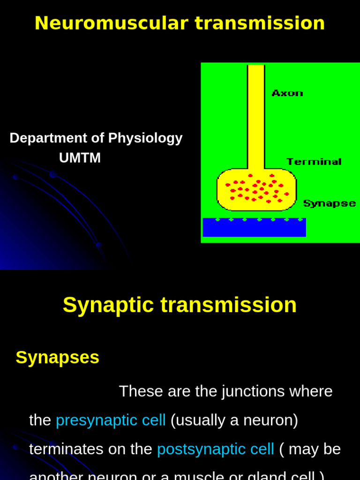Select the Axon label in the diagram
(287, 93)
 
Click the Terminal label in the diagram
(314, 162)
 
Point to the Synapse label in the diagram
(329, 203)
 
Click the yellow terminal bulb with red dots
(256, 190)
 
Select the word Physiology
(145, 138)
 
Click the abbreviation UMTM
(80, 158)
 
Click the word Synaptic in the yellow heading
(108, 305)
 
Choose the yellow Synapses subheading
(57, 357)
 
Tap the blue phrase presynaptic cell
(111, 420)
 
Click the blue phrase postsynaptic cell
(215, 449)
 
